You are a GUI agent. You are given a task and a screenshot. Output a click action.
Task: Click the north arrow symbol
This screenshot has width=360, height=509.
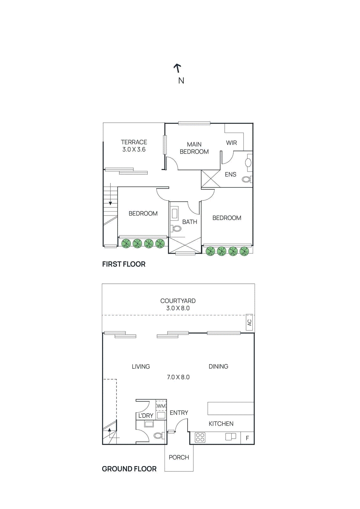click(178, 68)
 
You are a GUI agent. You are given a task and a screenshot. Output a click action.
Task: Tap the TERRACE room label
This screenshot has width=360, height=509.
click(134, 142)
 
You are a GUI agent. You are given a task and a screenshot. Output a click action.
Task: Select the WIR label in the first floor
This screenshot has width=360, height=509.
click(231, 143)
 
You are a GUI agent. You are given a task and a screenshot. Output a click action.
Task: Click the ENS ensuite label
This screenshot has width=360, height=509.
click(230, 174)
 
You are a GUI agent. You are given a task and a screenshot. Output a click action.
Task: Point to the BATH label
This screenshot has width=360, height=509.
click(190, 222)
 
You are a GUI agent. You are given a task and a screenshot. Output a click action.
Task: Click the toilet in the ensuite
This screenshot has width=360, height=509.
click(246, 179)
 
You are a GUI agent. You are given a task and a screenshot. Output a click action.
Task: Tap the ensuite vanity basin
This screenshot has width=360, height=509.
click(248, 163)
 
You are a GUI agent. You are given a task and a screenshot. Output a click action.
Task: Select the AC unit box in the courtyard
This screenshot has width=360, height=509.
click(249, 322)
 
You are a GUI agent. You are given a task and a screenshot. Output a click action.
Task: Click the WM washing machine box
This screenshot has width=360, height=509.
click(161, 406)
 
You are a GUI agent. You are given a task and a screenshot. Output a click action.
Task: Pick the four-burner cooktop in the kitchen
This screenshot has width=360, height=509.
click(200, 438)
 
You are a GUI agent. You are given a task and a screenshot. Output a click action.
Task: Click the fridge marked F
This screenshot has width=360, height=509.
click(247, 438)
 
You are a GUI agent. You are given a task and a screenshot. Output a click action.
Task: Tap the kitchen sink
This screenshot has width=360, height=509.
click(231, 436)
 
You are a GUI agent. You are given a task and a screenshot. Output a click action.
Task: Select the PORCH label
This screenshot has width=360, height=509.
click(179, 457)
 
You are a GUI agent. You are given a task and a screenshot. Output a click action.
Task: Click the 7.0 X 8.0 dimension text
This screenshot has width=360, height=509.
click(178, 377)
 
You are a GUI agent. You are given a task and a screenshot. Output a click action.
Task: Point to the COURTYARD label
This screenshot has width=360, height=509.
click(178, 301)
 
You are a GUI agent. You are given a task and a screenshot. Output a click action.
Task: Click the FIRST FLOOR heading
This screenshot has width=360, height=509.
click(124, 264)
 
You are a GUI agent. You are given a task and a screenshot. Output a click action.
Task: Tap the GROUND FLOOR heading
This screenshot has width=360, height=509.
click(129, 469)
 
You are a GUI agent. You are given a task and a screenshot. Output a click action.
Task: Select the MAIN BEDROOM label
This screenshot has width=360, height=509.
click(194, 148)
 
